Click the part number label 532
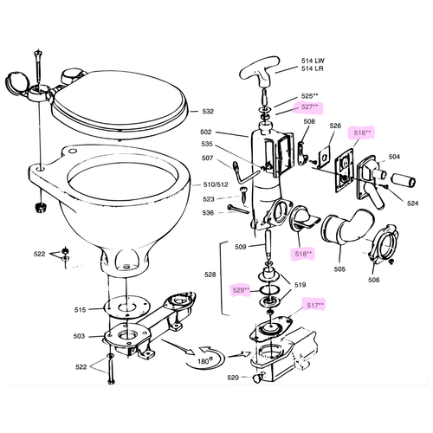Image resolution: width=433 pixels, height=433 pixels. [207, 111]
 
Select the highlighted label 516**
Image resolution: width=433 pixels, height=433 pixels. [362, 133]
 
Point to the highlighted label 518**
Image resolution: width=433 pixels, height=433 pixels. [304, 253]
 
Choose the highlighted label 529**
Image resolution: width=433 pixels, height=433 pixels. [239, 290]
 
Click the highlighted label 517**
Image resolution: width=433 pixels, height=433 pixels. [313, 305]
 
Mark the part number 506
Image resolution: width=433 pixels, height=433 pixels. [374, 280]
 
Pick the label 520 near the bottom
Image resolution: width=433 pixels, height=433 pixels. [232, 378]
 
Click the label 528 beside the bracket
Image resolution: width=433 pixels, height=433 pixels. [210, 274]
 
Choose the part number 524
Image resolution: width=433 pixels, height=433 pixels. [412, 204]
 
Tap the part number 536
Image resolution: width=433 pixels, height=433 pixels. [208, 213]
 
